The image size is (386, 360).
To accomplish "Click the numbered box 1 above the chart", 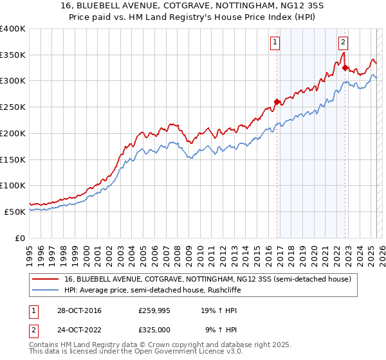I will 275,42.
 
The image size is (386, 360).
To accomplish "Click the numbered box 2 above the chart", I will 343,42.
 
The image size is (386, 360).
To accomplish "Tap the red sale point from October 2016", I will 277,101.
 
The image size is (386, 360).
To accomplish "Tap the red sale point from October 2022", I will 345,67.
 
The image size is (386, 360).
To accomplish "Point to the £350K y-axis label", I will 13,55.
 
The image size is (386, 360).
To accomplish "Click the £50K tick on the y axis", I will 15,212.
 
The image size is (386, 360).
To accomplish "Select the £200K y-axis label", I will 13,133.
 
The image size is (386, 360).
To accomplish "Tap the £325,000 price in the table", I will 154,329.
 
